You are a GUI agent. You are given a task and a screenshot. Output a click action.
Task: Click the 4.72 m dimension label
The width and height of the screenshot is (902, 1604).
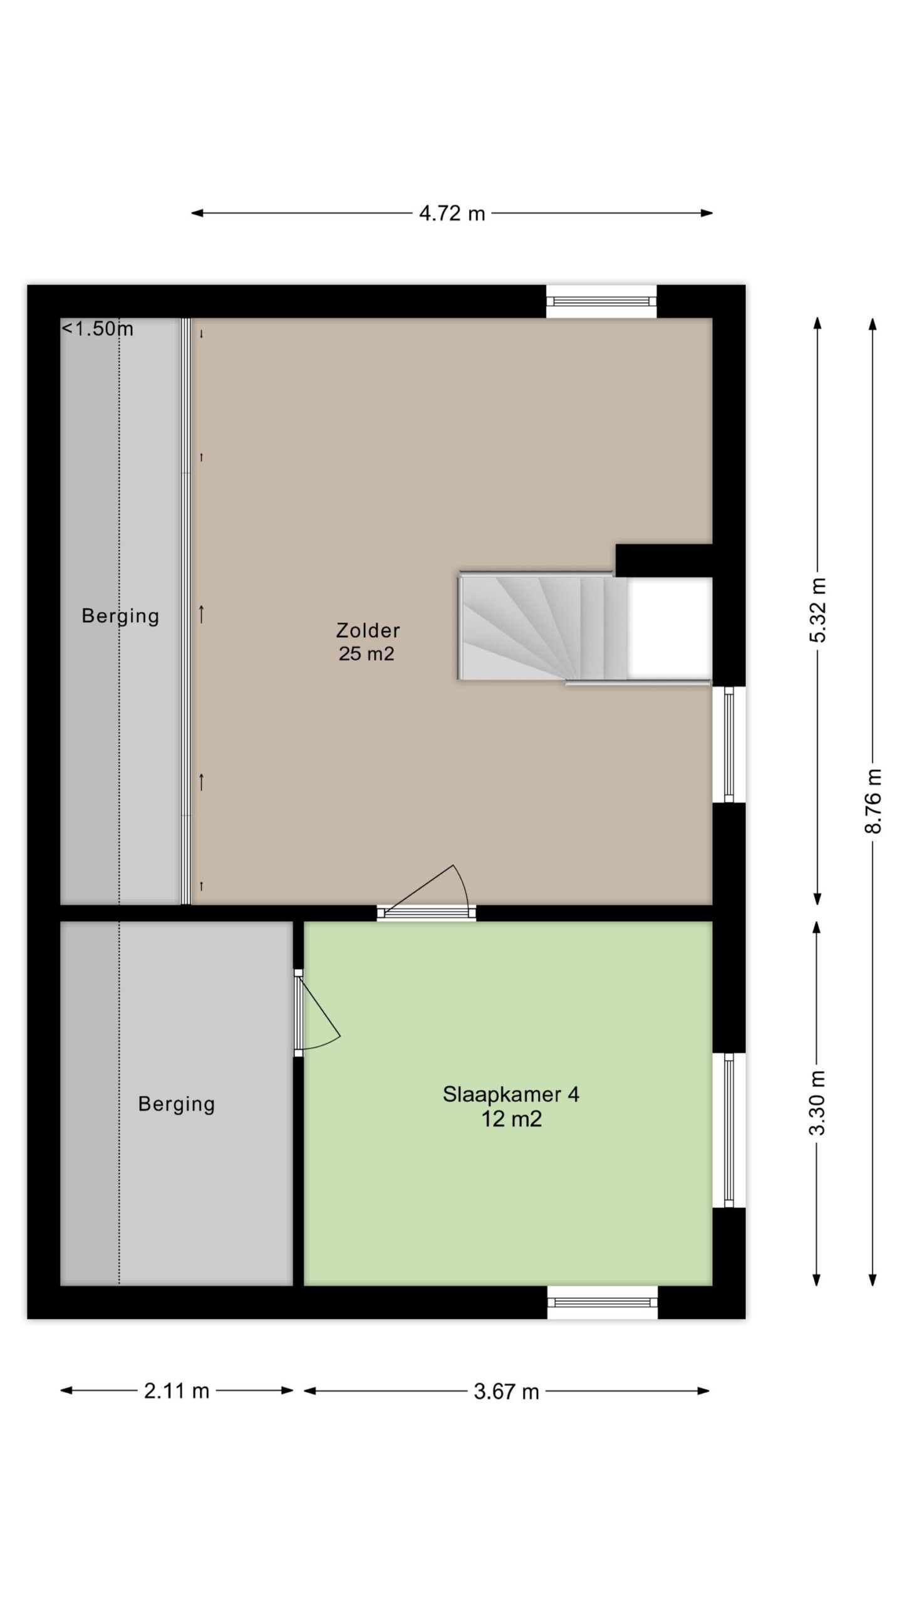click(x=452, y=214)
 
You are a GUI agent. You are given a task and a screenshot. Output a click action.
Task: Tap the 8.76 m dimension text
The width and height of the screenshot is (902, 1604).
click(x=873, y=801)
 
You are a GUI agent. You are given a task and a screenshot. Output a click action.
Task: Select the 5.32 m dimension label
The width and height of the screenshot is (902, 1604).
click(x=818, y=610)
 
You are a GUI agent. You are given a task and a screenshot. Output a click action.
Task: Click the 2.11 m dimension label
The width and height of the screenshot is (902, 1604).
click(x=177, y=1391)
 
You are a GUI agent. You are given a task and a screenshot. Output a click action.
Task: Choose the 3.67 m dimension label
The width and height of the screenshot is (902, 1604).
click(x=506, y=1392)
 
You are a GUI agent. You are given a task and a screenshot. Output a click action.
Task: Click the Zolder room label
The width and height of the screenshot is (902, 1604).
click(x=368, y=630)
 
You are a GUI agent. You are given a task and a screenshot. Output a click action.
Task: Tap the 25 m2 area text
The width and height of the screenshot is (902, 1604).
click(x=366, y=654)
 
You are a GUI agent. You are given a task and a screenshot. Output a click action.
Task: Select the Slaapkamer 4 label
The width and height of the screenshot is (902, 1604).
click(x=511, y=1095)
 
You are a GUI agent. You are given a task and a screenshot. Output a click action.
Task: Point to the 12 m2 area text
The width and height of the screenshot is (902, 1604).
click(x=511, y=1119)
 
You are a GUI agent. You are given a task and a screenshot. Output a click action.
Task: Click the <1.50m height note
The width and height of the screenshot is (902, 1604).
click(x=97, y=328)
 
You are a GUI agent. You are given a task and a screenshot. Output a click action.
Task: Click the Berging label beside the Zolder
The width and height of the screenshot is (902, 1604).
click(x=120, y=616)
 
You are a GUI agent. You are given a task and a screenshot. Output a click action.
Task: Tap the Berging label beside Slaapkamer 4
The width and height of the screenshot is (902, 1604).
click(x=177, y=1104)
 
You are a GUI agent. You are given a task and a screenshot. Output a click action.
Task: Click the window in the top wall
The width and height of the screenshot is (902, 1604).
click(x=601, y=301)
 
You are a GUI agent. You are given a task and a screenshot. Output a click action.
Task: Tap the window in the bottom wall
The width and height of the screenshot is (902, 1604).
click(x=602, y=1302)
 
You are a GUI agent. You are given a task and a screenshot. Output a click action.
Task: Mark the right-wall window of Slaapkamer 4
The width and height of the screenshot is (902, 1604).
click(x=729, y=1130)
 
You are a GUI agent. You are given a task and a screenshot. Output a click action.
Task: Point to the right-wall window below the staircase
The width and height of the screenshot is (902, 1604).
click(x=729, y=744)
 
